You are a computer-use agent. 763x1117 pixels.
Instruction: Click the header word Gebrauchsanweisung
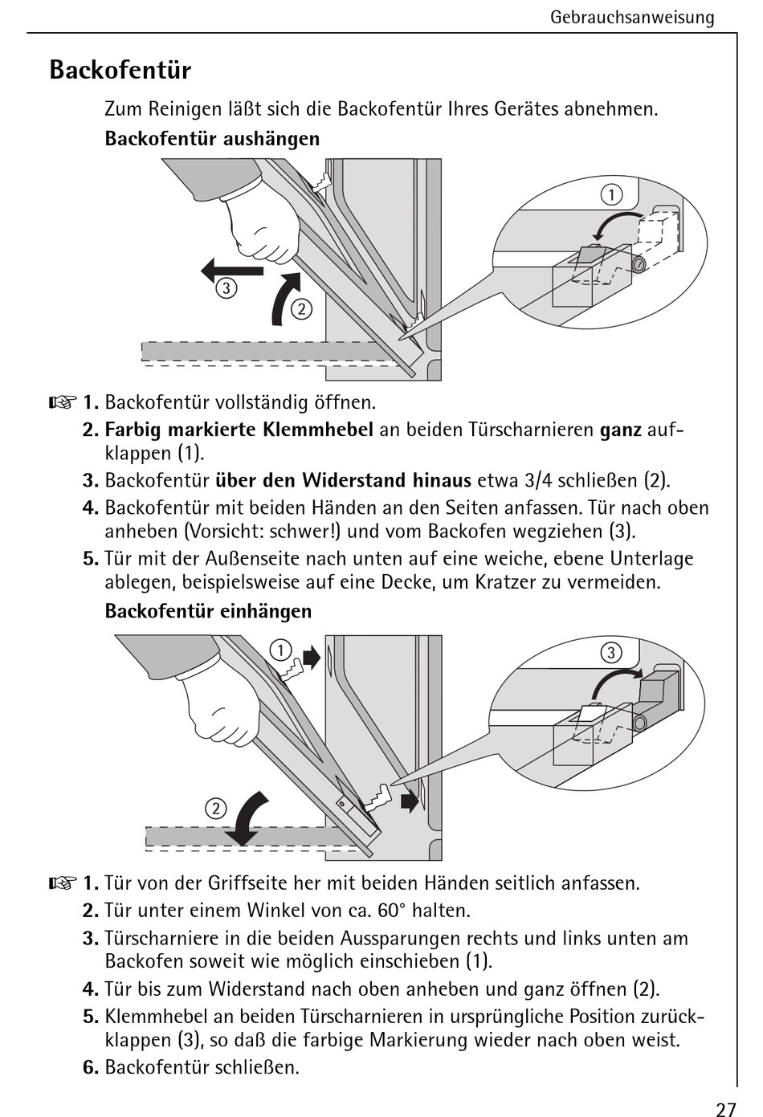(x=632, y=18)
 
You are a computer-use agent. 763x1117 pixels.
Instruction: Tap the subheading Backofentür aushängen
(x=212, y=139)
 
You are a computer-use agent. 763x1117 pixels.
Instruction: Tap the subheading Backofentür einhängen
(x=208, y=611)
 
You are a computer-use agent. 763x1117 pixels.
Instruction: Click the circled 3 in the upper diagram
(x=226, y=288)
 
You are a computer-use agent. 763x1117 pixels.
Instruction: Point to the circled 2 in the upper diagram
(x=301, y=309)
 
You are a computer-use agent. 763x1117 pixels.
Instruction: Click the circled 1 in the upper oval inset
(x=611, y=195)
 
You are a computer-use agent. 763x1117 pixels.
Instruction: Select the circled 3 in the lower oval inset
(x=611, y=653)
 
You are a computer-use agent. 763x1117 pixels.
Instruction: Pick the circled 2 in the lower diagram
(x=215, y=809)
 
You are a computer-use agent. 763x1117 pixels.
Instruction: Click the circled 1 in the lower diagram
(x=280, y=650)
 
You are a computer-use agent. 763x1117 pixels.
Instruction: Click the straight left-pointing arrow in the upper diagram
(x=232, y=271)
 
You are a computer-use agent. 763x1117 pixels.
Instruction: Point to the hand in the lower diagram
(x=220, y=707)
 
